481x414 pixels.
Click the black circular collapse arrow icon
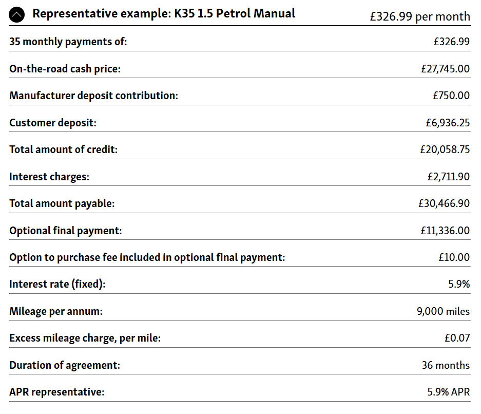tap(16, 15)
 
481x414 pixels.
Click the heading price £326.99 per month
tap(420, 16)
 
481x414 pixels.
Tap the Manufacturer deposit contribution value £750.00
tap(451, 96)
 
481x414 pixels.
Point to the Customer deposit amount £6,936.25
tap(447, 123)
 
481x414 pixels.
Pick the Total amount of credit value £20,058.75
tap(445, 149)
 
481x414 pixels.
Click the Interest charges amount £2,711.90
tap(448, 177)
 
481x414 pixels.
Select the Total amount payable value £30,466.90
tap(444, 203)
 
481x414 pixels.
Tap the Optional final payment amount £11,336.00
tap(445, 231)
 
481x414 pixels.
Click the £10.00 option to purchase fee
tap(454, 257)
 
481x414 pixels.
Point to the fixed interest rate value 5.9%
tap(458, 284)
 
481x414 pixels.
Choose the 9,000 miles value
tap(443, 311)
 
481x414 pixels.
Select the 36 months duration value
tap(446, 365)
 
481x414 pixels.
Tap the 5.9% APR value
tap(448, 392)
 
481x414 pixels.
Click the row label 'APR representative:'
tap(56, 392)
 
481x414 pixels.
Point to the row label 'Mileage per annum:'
tap(56, 311)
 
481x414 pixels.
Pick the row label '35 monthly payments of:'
tap(68, 42)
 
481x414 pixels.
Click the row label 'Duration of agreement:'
tap(65, 365)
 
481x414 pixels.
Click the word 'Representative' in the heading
tap(68, 13)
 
